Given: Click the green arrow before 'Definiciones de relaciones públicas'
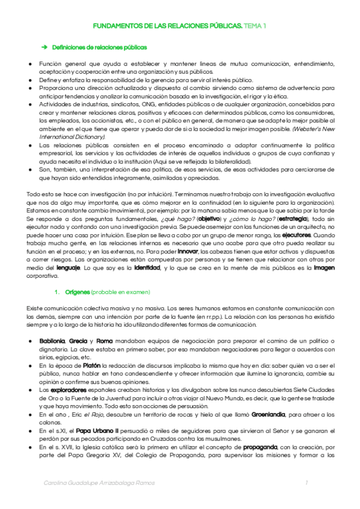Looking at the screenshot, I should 44,47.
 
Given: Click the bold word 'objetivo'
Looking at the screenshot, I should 208,220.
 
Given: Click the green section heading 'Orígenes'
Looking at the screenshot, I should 77,292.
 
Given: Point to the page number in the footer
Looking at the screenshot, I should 307,483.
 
